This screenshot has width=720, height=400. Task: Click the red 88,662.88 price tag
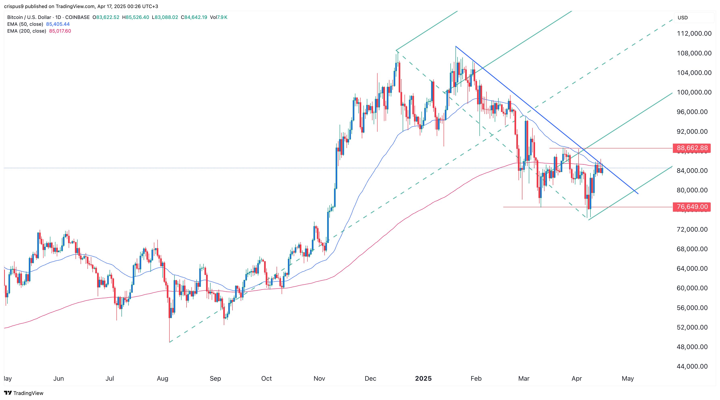[692, 148]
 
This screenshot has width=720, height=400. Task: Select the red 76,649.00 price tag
[692, 207]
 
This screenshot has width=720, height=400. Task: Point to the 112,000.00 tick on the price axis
[694, 34]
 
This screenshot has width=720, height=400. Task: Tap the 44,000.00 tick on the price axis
[692, 366]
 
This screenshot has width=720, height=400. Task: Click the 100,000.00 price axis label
[694, 92]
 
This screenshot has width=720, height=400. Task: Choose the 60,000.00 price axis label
[692, 288]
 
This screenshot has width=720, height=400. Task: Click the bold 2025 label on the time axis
[423, 378]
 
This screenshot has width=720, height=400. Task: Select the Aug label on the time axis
[162, 378]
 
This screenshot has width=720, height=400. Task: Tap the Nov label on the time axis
[319, 378]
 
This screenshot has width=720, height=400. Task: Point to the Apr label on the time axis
[577, 378]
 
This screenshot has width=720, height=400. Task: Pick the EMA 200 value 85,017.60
[60, 31]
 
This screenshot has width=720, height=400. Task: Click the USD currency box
[683, 18]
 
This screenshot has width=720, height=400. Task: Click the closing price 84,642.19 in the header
[195, 17]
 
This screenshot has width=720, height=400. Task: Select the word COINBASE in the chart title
[77, 17]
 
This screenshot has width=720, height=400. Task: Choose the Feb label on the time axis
[476, 378]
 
